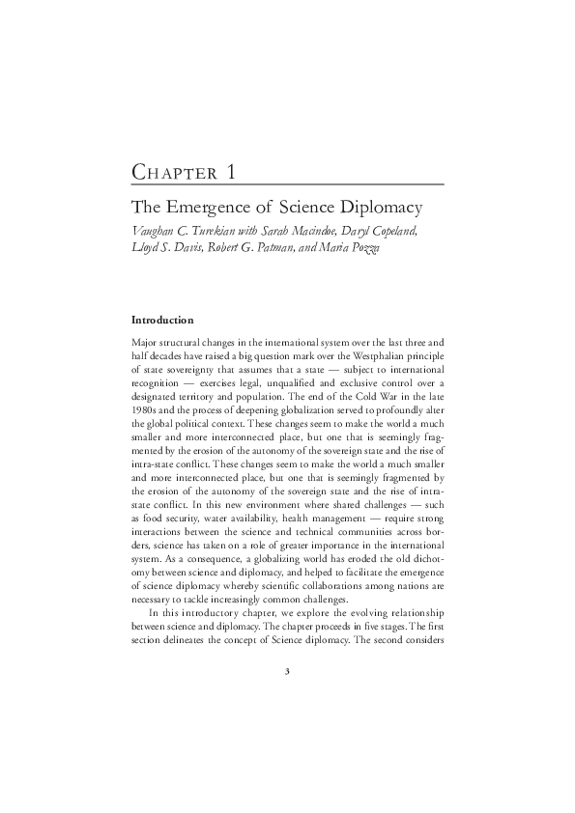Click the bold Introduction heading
click(162, 320)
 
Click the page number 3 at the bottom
click(288, 673)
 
